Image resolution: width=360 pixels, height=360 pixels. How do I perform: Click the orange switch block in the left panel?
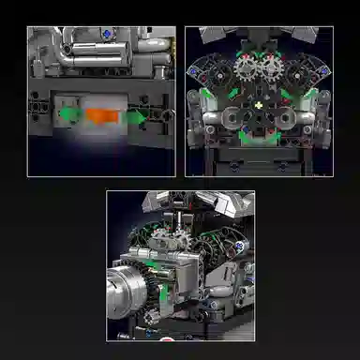[100, 115]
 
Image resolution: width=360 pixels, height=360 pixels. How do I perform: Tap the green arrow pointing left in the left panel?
[68, 115]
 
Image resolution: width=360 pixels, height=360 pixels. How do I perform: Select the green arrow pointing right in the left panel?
[137, 116]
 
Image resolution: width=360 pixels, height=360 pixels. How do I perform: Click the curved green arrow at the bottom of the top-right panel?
[260, 142]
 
